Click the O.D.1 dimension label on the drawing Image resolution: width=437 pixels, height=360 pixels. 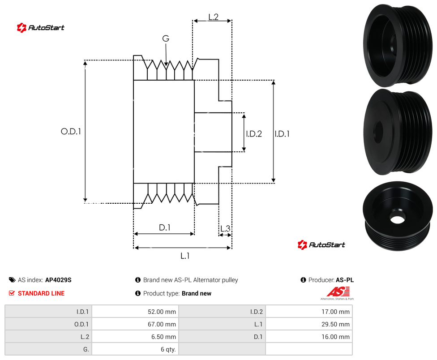click(x=71, y=131)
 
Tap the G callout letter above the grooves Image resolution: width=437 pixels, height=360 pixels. click(x=166, y=39)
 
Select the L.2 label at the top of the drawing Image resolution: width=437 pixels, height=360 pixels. click(x=213, y=17)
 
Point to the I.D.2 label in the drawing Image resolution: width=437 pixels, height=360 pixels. click(x=254, y=134)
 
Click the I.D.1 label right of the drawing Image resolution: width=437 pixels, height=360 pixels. click(x=282, y=134)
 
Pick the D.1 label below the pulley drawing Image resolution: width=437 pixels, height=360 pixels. click(x=164, y=227)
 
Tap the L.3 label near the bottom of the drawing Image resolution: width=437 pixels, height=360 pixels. click(x=225, y=228)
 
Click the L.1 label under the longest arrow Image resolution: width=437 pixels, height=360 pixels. click(x=185, y=256)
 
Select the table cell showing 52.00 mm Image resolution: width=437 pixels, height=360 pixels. click(x=135, y=312)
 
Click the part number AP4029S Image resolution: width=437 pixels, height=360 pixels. click(x=58, y=280)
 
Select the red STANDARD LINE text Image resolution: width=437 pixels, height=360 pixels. click(x=41, y=293)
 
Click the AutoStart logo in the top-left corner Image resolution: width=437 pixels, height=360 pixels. click(x=41, y=27)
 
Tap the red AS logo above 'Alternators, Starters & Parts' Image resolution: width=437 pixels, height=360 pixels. click(x=338, y=291)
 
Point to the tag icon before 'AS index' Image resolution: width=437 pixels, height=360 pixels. click(x=12, y=280)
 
